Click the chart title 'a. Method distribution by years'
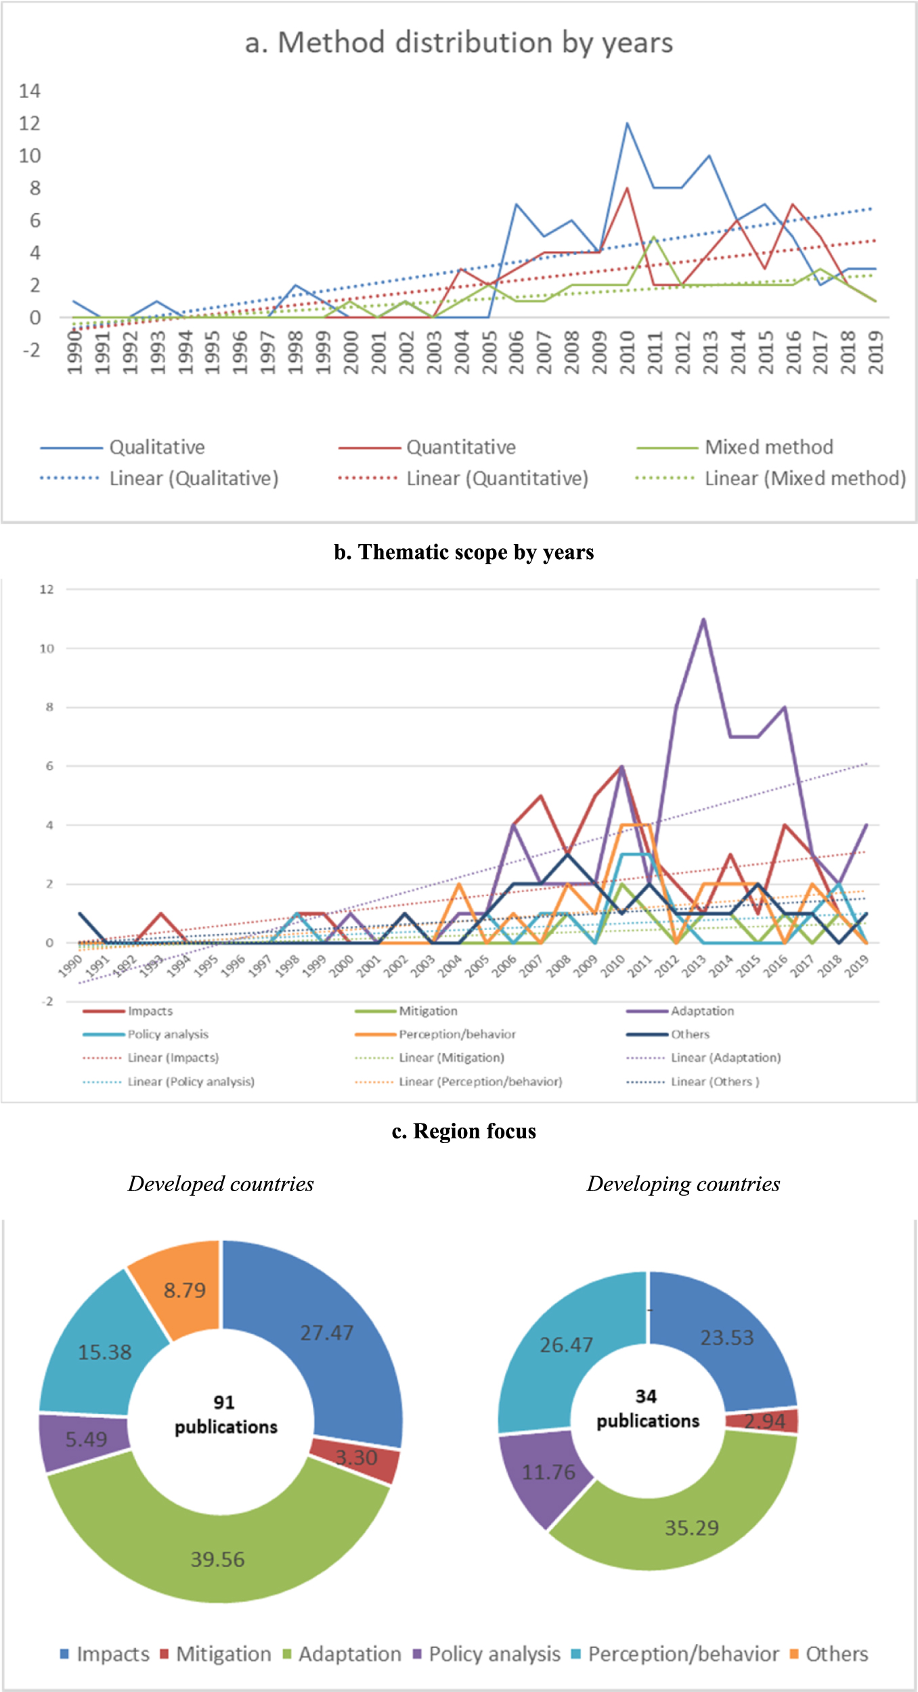coord(459,43)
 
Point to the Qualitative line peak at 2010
coord(627,124)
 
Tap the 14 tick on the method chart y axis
coord(30,91)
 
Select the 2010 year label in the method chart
coord(627,352)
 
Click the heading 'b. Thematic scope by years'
coord(464,552)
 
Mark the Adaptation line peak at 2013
coord(703,619)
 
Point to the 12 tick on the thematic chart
coord(46,589)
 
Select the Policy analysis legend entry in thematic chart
coord(167,1034)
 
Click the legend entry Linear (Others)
coord(714,1082)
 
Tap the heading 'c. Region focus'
coord(464,1131)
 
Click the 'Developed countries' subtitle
coord(221,1184)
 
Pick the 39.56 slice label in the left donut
coord(217,1559)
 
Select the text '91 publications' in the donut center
coord(225,1415)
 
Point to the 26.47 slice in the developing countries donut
coord(566,1345)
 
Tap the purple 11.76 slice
coord(548,1472)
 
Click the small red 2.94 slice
coord(765,1421)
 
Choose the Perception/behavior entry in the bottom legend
coord(682,1654)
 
